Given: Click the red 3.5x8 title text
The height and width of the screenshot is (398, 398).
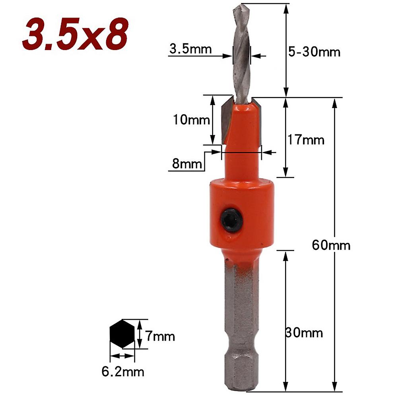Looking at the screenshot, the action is (x=76, y=34).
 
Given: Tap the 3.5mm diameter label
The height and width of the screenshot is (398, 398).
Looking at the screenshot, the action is (x=190, y=49).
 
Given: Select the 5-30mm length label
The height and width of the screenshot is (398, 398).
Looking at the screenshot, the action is (x=314, y=52).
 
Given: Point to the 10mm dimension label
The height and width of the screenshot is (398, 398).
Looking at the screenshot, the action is (x=191, y=119).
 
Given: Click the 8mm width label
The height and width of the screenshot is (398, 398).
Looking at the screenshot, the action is (x=187, y=163).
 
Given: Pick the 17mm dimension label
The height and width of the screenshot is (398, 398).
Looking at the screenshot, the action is (x=306, y=140).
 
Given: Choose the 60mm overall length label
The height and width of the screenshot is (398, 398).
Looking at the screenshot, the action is (x=331, y=245).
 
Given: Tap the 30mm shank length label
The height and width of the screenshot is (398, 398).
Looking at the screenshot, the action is (x=304, y=332).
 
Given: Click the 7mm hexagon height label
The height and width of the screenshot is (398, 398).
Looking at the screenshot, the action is (x=160, y=336).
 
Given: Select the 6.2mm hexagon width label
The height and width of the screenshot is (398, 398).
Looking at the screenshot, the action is (x=123, y=372).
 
